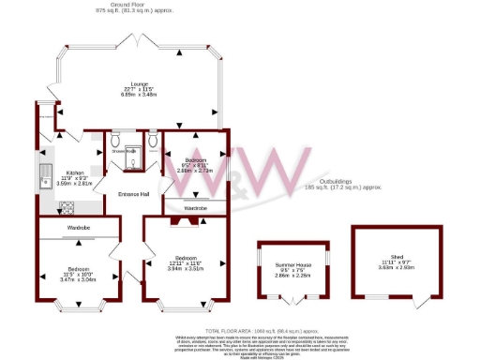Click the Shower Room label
[x=125, y=151]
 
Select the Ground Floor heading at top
[x=130, y=4]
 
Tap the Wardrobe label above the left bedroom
[x=79, y=228]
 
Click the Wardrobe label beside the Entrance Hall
[x=195, y=207]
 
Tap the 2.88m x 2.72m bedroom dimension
[x=196, y=172]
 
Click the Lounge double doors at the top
[x=140, y=41]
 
